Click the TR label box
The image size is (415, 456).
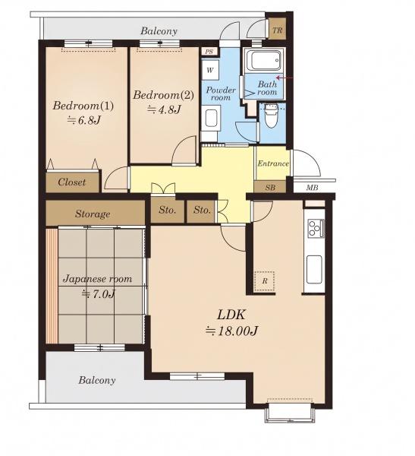[x=278, y=30]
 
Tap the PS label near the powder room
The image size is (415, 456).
[x=209, y=52]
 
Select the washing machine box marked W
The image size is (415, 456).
[x=210, y=70]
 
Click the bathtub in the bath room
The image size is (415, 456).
[x=264, y=61]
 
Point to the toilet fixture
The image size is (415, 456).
[x=272, y=116]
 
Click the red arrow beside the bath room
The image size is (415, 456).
[x=285, y=78]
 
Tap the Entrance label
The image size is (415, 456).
[x=273, y=163]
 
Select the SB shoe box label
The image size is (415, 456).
[x=270, y=188]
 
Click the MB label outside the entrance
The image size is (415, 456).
[x=312, y=188]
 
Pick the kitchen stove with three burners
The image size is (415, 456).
[x=316, y=229]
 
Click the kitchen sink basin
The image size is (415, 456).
[x=314, y=269]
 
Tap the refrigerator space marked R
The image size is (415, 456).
[x=265, y=281]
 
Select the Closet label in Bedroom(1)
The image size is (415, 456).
[x=72, y=182]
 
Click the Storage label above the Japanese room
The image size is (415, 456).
[x=93, y=214]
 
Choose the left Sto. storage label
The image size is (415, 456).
[x=167, y=210]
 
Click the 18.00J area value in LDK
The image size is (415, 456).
[x=232, y=331]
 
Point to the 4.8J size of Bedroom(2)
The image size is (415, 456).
[x=165, y=109]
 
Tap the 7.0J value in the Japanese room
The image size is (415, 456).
[x=99, y=294]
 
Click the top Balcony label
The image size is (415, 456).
[x=159, y=31]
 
